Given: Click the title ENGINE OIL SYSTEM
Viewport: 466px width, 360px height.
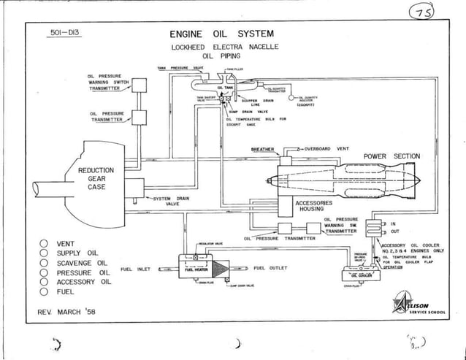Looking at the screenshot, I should coord(221,34).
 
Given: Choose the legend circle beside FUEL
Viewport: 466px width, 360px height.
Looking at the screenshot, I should coord(44,292).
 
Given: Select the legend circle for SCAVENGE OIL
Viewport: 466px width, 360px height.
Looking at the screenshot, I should coord(44,264).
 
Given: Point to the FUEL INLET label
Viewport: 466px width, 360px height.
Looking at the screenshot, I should coord(135,269).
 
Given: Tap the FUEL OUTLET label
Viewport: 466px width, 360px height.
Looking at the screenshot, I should coord(270,268).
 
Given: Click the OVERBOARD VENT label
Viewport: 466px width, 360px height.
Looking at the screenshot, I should coord(326,148).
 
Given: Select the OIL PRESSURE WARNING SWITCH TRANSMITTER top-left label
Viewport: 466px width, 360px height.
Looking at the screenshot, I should coord(108,81).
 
